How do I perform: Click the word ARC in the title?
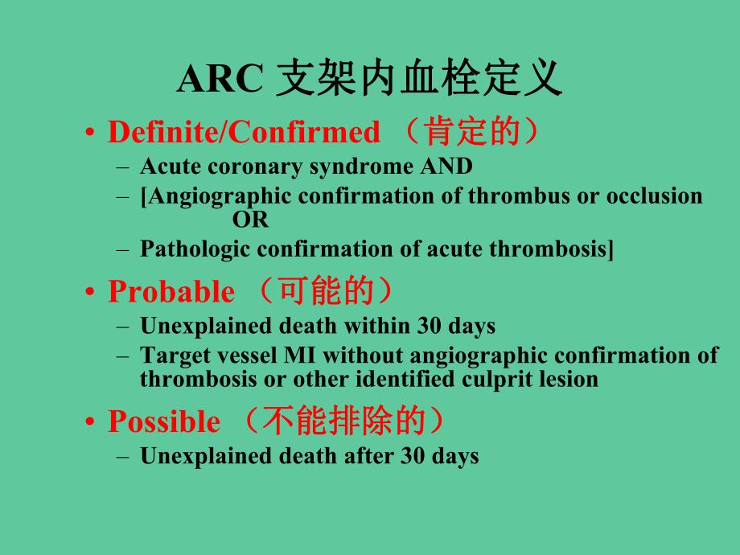pos(219,81)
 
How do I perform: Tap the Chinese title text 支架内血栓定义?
pos(418,80)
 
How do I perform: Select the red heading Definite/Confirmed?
pos(244,132)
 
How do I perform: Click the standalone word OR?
pos(250,219)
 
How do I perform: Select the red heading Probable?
pos(171,292)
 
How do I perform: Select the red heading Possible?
pos(163,421)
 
